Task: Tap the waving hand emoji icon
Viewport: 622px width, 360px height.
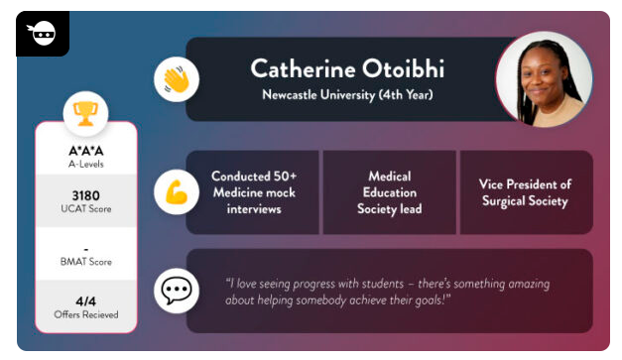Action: (x=177, y=79)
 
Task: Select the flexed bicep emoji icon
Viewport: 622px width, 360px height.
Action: (x=177, y=192)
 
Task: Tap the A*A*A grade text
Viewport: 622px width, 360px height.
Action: (x=86, y=151)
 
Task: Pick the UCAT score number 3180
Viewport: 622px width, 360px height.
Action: (x=86, y=195)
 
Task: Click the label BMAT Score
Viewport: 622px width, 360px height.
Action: (x=86, y=261)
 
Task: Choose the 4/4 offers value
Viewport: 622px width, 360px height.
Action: (x=86, y=300)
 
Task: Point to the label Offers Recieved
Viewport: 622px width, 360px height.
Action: (x=86, y=314)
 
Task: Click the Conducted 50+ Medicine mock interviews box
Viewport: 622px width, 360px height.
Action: (x=253, y=192)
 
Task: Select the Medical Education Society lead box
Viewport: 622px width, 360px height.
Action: (x=389, y=192)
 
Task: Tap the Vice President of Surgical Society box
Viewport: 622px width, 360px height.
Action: (x=524, y=192)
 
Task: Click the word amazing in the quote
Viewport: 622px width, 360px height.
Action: (x=490, y=283)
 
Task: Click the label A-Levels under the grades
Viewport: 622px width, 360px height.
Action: (x=86, y=165)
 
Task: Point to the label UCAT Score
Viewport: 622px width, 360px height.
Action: (x=86, y=210)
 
